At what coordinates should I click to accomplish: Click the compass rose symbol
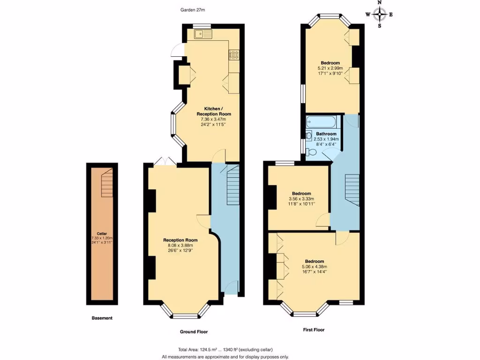(380, 15)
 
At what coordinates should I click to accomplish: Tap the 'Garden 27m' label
(193, 9)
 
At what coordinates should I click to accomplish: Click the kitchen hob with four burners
(234, 55)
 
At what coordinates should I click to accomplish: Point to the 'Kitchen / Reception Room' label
(214, 111)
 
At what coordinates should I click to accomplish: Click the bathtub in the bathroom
(320, 123)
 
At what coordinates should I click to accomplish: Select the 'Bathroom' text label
(326, 134)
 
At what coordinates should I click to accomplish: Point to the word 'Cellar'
(102, 232)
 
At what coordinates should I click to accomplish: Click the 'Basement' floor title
(102, 318)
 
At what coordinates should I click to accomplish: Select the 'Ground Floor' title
(194, 331)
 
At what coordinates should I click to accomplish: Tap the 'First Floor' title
(313, 330)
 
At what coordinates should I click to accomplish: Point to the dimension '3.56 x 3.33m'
(301, 199)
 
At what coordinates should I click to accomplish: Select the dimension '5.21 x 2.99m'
(330, 68)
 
